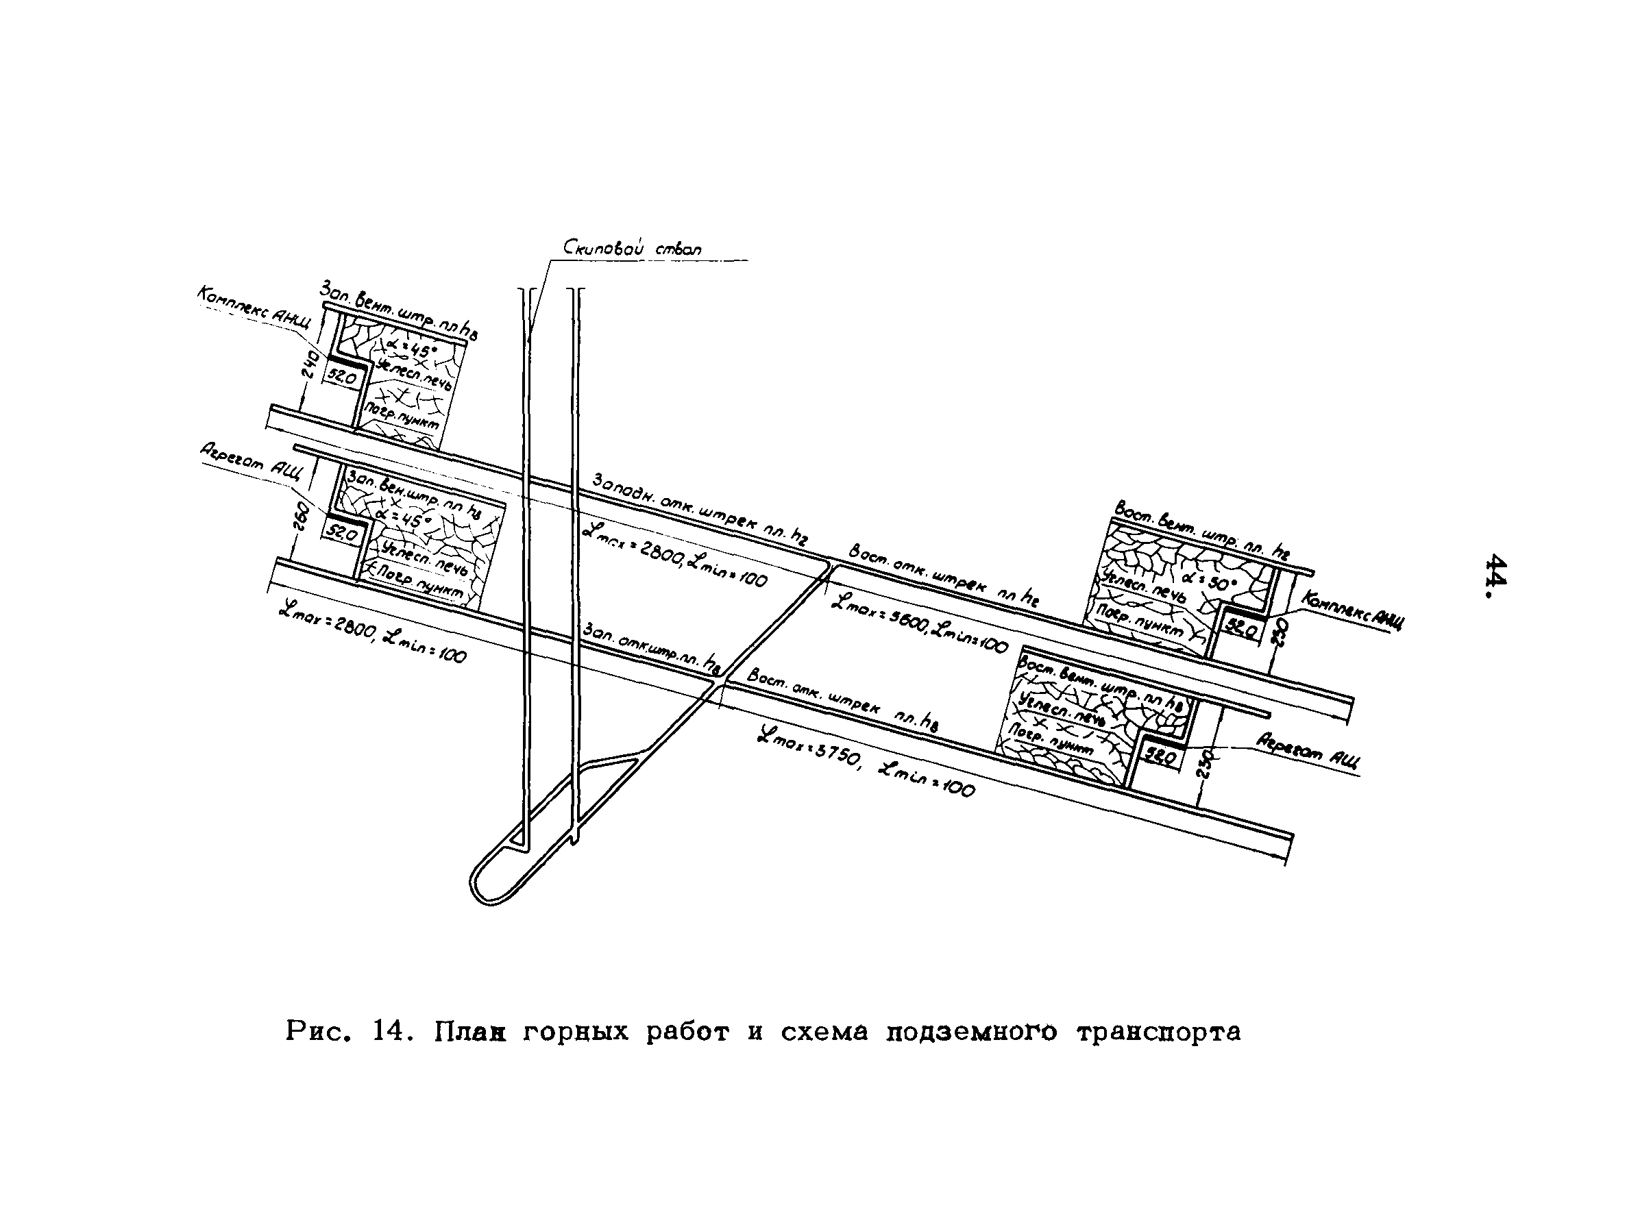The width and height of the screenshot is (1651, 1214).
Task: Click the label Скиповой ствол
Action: (x=632, y=249)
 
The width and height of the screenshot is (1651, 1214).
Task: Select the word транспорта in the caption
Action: (x=1158, y=1032)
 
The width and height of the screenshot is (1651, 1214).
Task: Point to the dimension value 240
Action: (x=308, y=364)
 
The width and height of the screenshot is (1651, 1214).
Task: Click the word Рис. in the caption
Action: (x=315, y=1032)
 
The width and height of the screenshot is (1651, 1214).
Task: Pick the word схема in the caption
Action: (x=823, y=1032)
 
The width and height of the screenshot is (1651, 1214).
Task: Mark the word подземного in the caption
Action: (x=971, y=1032)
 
